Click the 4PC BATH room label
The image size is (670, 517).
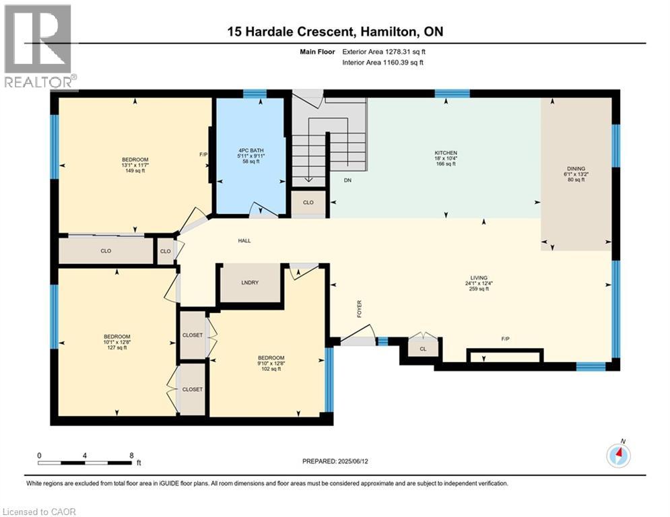250,150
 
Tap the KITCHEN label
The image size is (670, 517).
446,153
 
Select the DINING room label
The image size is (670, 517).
576,169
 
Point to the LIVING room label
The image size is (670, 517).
479,278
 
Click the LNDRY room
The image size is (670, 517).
250,283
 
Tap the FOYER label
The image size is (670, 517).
360,308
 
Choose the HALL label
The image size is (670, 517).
244,240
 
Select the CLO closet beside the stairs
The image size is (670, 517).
308,203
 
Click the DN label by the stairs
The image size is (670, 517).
348,180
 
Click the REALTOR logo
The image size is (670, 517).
38,46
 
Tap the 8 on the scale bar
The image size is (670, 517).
131,456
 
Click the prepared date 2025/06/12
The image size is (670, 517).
353,461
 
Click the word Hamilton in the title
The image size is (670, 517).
389,32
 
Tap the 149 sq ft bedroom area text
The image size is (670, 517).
135,170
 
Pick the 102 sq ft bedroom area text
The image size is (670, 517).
271,369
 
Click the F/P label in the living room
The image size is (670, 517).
506,339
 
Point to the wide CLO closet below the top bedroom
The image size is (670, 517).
106,251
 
